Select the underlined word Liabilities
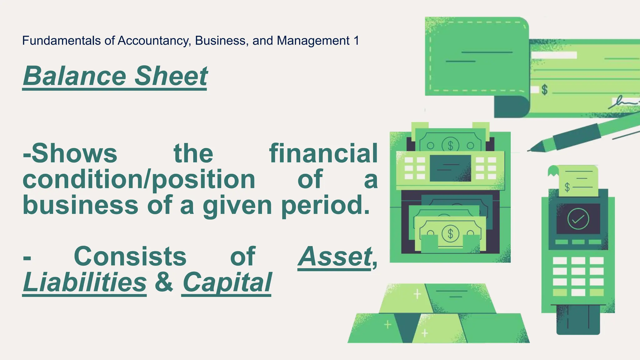(84, 282)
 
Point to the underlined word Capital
(227, 282)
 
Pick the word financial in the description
(323, 154)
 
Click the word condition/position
(139, 180)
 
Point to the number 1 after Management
(356, 41)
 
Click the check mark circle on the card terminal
(578, 219)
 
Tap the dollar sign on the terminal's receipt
(567, 187)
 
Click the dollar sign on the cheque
(545, 90)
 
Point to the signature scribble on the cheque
(623, 102)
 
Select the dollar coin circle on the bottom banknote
(450, 233)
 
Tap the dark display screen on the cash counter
(450, 168)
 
